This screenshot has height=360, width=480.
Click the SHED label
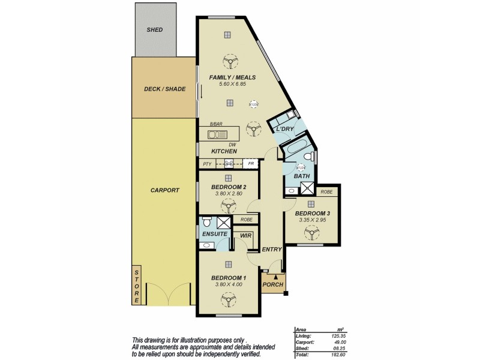[155, 29]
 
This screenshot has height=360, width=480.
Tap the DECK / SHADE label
[164, 89]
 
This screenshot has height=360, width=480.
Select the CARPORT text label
[164, 190]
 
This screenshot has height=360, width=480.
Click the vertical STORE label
[136, 286]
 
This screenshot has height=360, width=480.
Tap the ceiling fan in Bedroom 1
[227, 296]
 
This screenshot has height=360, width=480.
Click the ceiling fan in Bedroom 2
[227, 206]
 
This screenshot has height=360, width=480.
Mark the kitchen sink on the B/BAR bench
[215, 133]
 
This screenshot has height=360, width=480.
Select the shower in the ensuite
[224, 221]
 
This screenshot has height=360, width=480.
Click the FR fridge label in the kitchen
[250, 164]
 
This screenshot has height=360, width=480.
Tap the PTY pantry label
[207, 164]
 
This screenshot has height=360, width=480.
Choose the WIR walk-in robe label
[245, 236]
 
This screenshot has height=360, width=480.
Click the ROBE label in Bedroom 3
[326, 192]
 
